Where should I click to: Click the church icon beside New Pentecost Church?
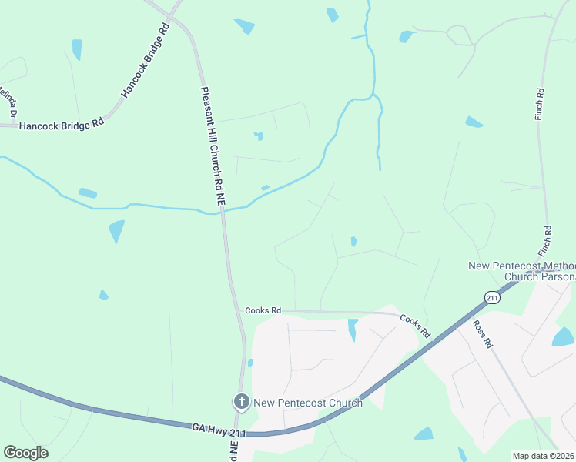point(241,401)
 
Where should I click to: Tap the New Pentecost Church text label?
point(308,403)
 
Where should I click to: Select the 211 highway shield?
point(491,297)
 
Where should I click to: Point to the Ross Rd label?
point(483,334)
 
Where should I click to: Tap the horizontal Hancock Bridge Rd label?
point(62,125)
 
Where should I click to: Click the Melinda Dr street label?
point(8,102)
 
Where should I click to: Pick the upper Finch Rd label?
point(541,102)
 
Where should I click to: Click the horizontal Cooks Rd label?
point(263,310)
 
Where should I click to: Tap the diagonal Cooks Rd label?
point(414,326)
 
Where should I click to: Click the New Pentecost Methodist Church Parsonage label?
point(522,271)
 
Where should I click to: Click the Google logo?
point(25,452)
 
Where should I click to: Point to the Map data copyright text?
point(543,455)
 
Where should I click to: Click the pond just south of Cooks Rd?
point(353,329)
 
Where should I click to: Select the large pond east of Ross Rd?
point(563,336)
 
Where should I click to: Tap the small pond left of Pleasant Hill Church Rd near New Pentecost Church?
point(250,363)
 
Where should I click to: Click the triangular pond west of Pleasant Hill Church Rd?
point(116,230)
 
